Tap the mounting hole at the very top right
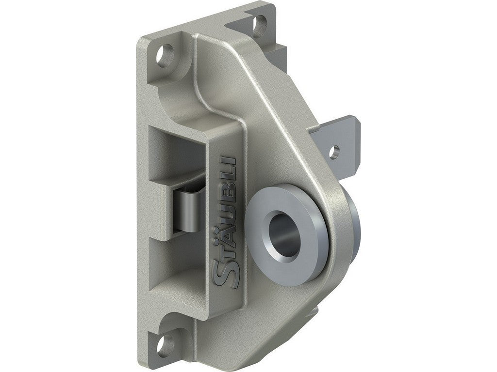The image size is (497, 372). [260, 22]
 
